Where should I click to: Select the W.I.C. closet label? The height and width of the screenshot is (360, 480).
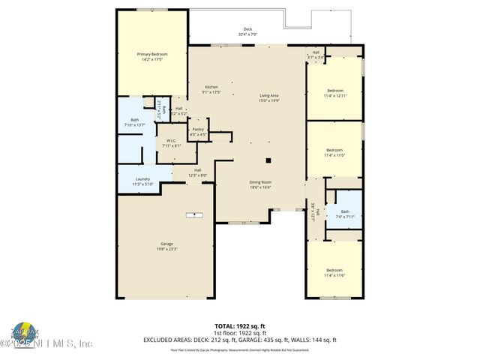(x=172, y=142)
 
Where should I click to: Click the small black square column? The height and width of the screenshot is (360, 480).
(x=268, y=160)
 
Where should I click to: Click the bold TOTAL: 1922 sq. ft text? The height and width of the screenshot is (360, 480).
(x=241, y=326)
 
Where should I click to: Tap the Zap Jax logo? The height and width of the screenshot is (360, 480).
(x=25, y=333)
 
